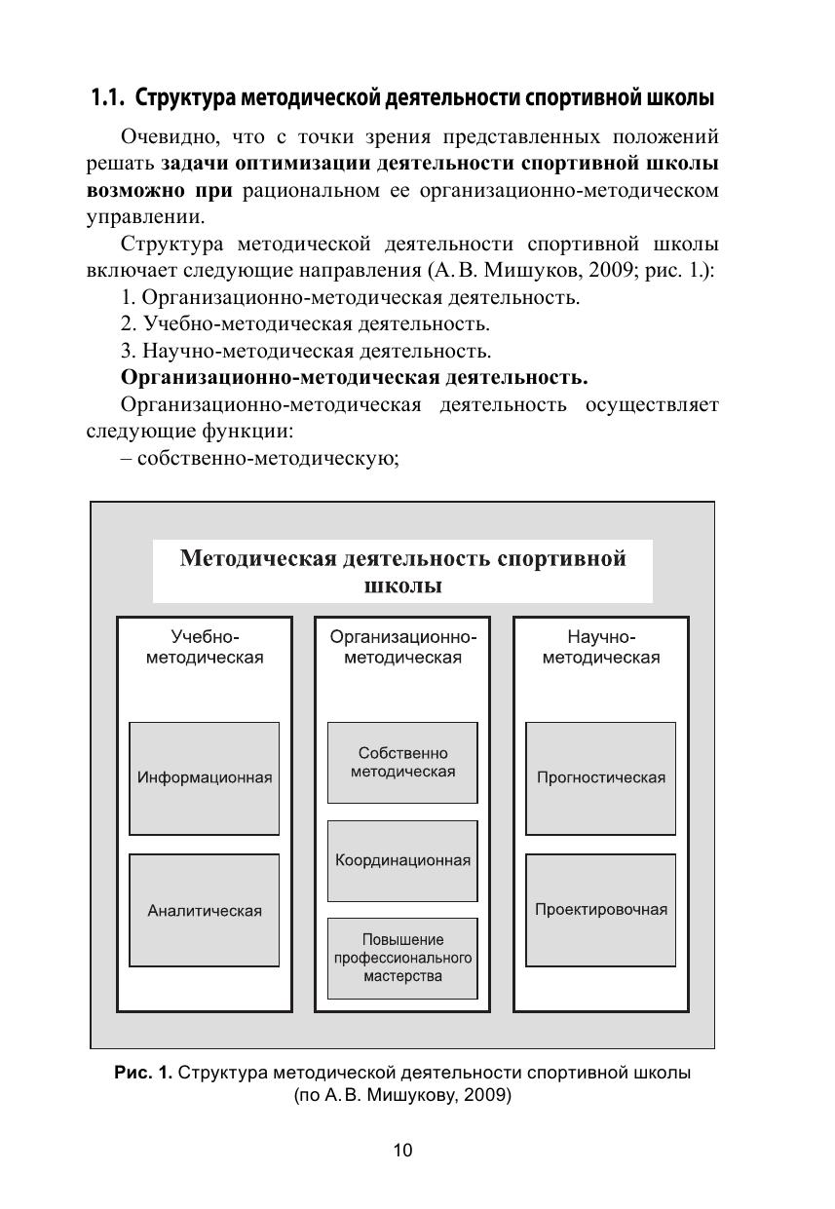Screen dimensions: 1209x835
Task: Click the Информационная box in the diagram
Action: point(205,777)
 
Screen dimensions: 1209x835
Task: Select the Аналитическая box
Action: point(205,910)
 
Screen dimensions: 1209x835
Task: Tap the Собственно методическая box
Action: point(402,762)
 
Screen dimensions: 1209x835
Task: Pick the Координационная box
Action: point(402,860)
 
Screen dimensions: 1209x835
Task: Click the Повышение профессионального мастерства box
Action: point(402,958)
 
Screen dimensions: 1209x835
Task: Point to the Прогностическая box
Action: point(600,777)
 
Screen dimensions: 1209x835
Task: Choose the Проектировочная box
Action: point(600,909)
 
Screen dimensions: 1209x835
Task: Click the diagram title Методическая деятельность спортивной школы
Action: point(402,572)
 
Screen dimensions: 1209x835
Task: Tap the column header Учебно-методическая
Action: point(205,647)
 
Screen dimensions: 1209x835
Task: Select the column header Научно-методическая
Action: point(600,647)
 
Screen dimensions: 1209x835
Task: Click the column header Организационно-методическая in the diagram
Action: point(402,647)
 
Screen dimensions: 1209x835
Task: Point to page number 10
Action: point(402,1151)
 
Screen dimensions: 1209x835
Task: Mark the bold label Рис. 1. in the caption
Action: point(143,1073)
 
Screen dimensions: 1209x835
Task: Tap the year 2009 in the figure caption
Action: point(488,1095)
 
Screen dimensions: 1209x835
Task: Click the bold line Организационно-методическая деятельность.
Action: point(354,377)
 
